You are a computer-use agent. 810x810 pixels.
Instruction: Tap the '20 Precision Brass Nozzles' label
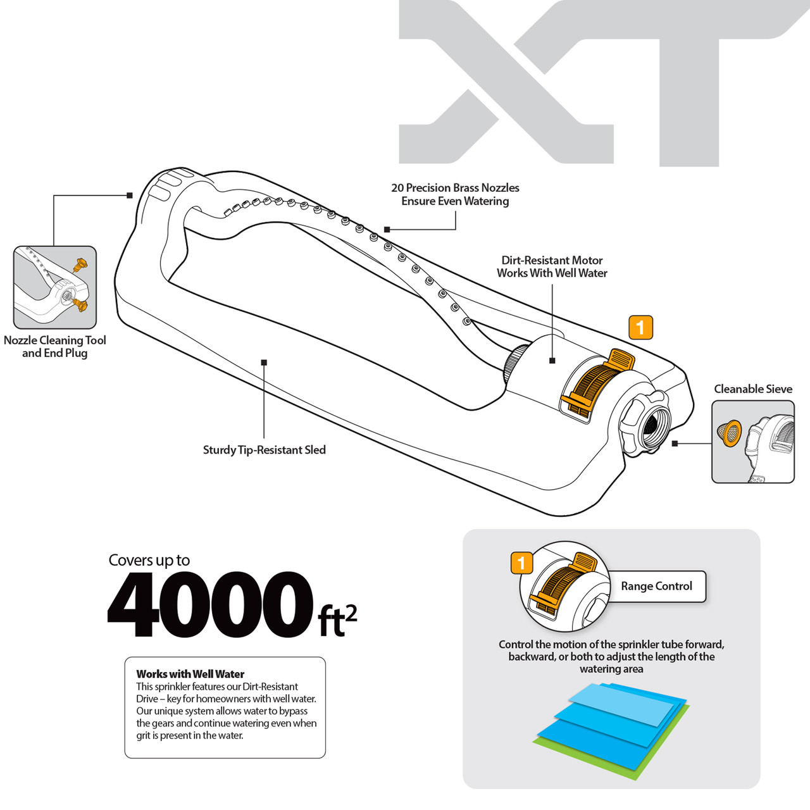455,188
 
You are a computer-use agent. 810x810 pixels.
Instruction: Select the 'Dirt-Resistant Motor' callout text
552,260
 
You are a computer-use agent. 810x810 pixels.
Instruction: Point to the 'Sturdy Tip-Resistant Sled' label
264,450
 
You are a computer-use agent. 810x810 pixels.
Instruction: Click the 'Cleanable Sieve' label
753,389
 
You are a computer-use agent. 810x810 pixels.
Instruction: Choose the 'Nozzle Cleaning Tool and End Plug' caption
55,346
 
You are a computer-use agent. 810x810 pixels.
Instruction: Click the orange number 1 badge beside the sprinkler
640,328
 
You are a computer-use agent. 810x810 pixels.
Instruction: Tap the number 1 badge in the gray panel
521,563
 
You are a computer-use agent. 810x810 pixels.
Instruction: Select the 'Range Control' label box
656,587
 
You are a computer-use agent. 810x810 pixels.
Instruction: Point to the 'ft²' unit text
337,620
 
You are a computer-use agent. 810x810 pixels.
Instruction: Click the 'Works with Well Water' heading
190,674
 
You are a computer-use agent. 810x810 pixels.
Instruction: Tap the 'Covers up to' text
149,560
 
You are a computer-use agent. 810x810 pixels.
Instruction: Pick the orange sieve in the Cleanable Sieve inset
730,433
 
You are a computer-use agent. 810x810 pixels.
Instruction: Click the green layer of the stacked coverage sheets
633,763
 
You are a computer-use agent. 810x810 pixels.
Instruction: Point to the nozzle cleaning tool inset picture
54,287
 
